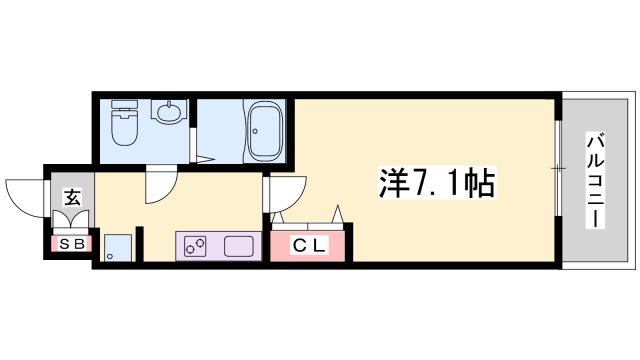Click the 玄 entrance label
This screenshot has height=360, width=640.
click(x=73, y=197)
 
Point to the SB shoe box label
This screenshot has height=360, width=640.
click(x=72, y=243)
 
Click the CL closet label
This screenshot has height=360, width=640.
click(x=309, y=245)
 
